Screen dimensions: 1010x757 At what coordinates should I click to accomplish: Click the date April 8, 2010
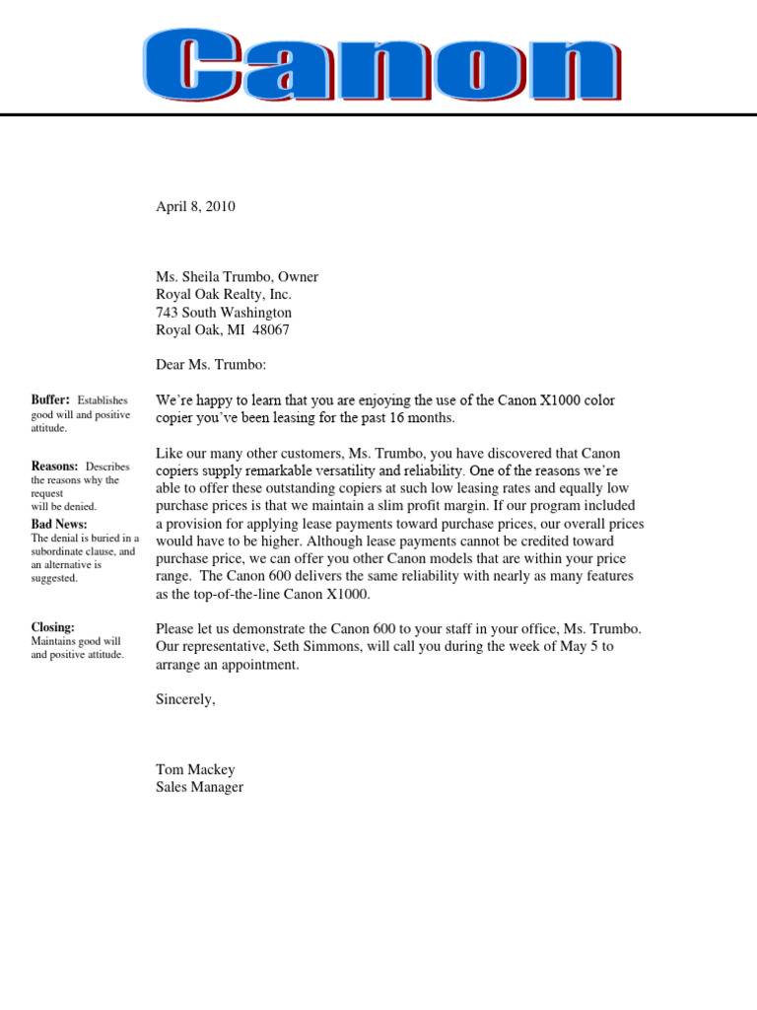coord(195,206)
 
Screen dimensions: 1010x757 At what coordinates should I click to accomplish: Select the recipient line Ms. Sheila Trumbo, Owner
coord(237,277)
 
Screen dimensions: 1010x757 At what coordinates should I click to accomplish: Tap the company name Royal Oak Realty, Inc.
coord(224,295)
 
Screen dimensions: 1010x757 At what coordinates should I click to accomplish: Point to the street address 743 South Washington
coord(224,313)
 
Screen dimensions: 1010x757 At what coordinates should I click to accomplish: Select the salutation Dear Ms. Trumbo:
coord(211,365)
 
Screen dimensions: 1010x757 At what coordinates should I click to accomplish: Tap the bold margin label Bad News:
coord(59,524)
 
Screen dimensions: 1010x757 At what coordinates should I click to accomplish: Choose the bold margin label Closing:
coord(53,626)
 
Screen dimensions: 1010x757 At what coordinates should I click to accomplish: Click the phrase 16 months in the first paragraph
coord(425,418)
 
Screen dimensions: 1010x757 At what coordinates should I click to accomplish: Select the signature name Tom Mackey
coord(195,769)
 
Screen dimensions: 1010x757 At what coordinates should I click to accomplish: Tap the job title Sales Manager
coord(199,787)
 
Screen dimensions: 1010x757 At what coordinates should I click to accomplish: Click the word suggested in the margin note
coord(54,578)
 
